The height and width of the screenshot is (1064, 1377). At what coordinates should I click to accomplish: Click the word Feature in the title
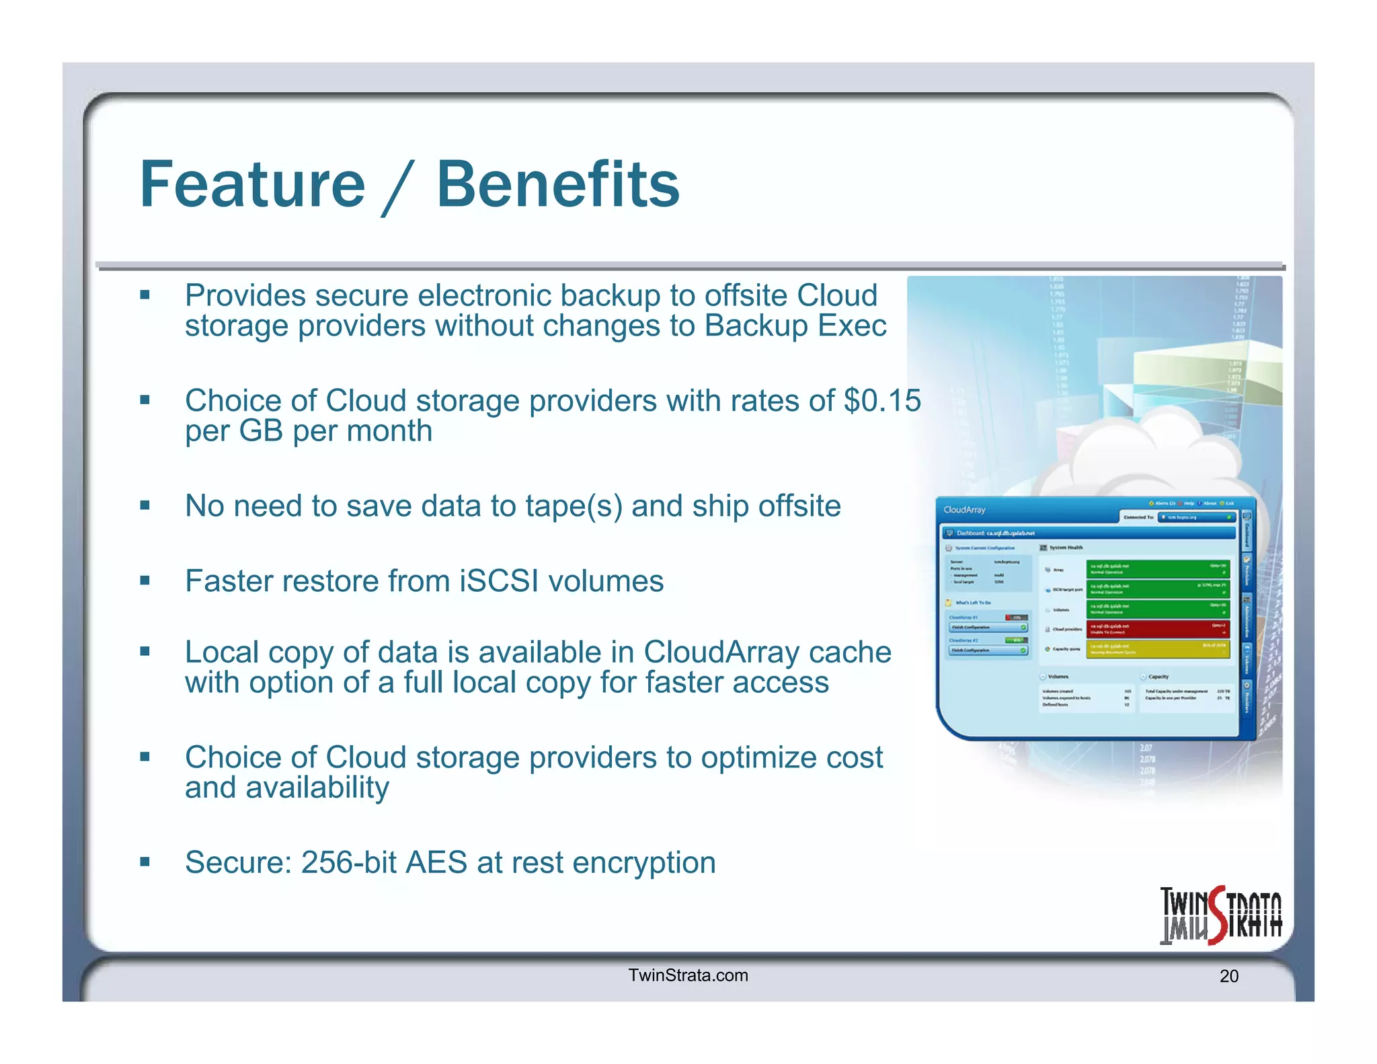(252, 185)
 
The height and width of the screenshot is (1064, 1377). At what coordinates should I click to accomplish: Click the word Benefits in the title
(558, 185)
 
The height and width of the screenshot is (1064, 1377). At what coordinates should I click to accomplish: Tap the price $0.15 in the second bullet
(882, 401)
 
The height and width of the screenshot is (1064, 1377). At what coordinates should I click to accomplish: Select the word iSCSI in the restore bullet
(499, 581)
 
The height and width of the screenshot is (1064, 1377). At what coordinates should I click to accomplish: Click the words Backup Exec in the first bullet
(795, 326)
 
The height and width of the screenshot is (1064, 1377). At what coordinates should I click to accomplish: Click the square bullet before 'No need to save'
(145, 505)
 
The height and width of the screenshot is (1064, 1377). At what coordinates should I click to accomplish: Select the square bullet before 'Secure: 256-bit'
(145, 862)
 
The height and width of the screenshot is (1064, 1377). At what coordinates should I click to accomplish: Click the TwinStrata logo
(1220, 915)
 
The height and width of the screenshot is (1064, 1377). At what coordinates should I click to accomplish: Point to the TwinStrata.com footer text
(688, 975)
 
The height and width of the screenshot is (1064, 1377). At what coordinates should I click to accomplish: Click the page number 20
(1228, 977)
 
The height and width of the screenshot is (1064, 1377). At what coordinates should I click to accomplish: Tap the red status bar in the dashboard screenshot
(1158, 629)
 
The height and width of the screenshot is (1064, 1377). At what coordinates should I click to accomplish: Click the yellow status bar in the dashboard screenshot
(1158, 649)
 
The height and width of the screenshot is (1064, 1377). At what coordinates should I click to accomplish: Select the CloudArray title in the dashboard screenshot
(964, 510)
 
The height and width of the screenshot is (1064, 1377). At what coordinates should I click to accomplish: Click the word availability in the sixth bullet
(317, 788)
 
